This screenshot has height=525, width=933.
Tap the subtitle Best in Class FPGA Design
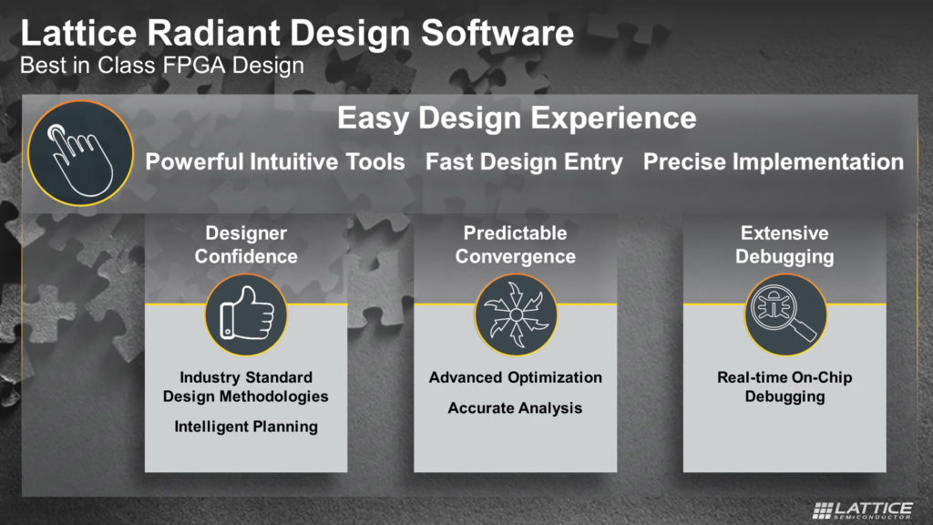pos(162,66)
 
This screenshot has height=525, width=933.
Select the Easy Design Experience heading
pos(517,118)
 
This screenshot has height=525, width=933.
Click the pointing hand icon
pos(80,153)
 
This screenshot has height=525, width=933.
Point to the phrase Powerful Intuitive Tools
pos(275,162)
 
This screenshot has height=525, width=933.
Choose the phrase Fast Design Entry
pos(524,162)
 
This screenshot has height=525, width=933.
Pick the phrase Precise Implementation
pos(773,162)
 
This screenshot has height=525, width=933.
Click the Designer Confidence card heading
pos(246,244)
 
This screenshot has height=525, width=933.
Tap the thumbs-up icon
pos(246,314)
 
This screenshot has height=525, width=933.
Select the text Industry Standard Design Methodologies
pos(246,386)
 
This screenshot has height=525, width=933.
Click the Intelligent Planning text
pos(246,427)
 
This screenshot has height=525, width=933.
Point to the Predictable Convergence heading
pos(516,244)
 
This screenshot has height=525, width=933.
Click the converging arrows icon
pos(516,314)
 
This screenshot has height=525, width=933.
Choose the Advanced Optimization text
pos(516,377)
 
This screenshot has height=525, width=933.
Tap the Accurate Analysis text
pos(516,408)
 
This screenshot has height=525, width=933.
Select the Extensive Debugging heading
pos(784,244)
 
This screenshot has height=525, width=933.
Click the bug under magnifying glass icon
pos(785,314)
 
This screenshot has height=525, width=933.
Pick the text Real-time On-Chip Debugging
pos(784,386)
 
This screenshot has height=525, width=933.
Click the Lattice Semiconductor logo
pos(863,510)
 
